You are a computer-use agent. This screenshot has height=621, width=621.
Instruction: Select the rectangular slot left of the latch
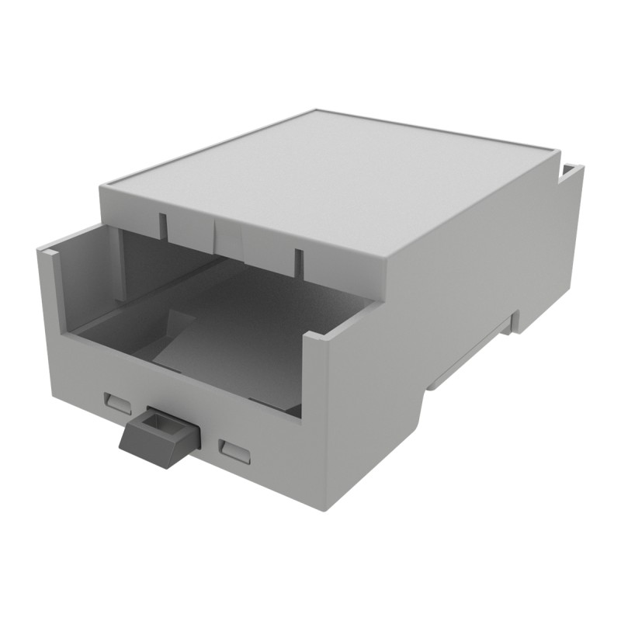[x=119, y=402]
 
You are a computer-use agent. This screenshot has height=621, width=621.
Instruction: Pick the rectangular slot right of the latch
[x=234, y=451]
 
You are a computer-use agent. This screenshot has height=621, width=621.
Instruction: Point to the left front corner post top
[x=47, y=251]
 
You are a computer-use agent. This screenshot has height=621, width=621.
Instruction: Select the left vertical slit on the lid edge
[x=163, y=226]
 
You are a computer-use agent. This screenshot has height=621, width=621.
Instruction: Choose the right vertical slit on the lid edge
[x=296, y=261]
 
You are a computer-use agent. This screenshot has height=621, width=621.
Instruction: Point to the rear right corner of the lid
[x=557, y=148]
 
